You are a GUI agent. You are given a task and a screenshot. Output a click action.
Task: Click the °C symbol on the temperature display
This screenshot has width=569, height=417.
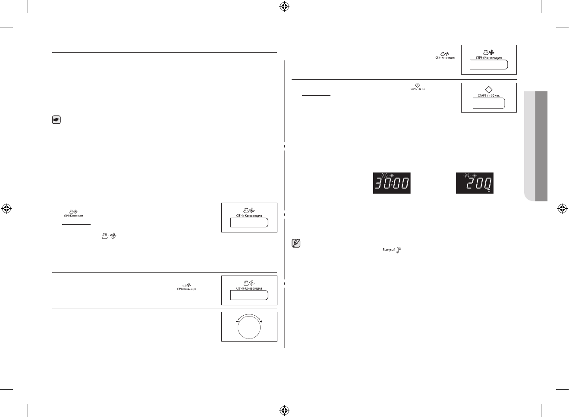click(x=489, y=190)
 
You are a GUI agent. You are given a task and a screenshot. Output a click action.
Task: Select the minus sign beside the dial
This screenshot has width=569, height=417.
click(x=237, y=322)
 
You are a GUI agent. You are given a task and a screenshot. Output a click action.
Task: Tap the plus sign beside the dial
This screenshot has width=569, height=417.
click(x=261, y=322)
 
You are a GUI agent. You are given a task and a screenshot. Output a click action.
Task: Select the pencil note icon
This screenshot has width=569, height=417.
click(x=296, y=244)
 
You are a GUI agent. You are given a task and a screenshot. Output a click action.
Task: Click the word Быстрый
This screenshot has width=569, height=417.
click(x=389, y=250)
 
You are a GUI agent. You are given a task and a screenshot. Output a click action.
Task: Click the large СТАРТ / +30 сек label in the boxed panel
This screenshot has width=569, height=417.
click(x=489, y=96)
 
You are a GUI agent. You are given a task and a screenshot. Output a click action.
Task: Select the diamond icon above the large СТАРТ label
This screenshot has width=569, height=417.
click(x=489, y=89)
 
